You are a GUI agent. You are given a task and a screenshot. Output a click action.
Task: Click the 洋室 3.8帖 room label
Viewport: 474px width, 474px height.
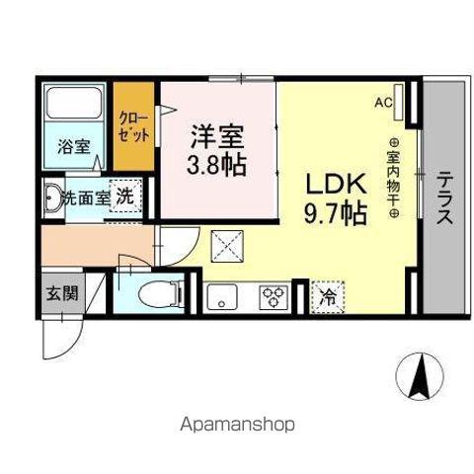[216, 150]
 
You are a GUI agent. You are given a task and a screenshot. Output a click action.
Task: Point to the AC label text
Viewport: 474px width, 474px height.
[383, 103]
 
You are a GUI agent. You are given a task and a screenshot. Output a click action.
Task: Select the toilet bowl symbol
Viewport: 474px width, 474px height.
[161, 293]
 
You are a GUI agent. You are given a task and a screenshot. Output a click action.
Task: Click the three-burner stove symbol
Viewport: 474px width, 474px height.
[274, 297]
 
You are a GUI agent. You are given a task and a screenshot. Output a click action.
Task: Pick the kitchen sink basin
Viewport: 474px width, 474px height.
[222, 296]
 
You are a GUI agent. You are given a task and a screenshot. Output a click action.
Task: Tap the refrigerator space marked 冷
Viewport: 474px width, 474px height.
[328, 297]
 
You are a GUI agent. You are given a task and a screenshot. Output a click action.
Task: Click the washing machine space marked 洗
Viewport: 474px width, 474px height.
[125, 197]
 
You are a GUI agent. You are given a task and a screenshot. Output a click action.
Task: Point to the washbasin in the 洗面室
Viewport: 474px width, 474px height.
[51, 197]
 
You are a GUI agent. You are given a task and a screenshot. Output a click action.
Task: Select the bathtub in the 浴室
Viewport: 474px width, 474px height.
[75, 103]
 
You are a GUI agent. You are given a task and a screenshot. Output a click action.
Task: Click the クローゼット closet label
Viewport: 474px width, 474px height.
[133, 126]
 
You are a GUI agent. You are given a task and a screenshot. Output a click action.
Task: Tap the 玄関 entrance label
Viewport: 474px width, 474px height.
[62, 293]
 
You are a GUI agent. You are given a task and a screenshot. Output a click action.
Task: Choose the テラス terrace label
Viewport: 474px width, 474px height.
[444, 198]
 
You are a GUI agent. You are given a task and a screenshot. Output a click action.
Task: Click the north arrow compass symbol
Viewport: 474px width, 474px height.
[420, 376]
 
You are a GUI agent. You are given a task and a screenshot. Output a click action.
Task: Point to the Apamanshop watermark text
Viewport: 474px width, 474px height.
[237, 425]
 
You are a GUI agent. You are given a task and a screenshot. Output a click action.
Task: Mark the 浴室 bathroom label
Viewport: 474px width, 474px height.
[74, 146]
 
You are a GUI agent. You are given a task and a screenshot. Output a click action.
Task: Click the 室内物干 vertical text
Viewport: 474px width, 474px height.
[393, 179]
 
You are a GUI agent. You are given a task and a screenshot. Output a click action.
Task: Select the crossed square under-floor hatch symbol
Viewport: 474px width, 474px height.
[227, 246]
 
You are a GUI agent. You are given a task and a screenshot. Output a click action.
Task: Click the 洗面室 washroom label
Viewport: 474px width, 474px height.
[86, 197]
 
